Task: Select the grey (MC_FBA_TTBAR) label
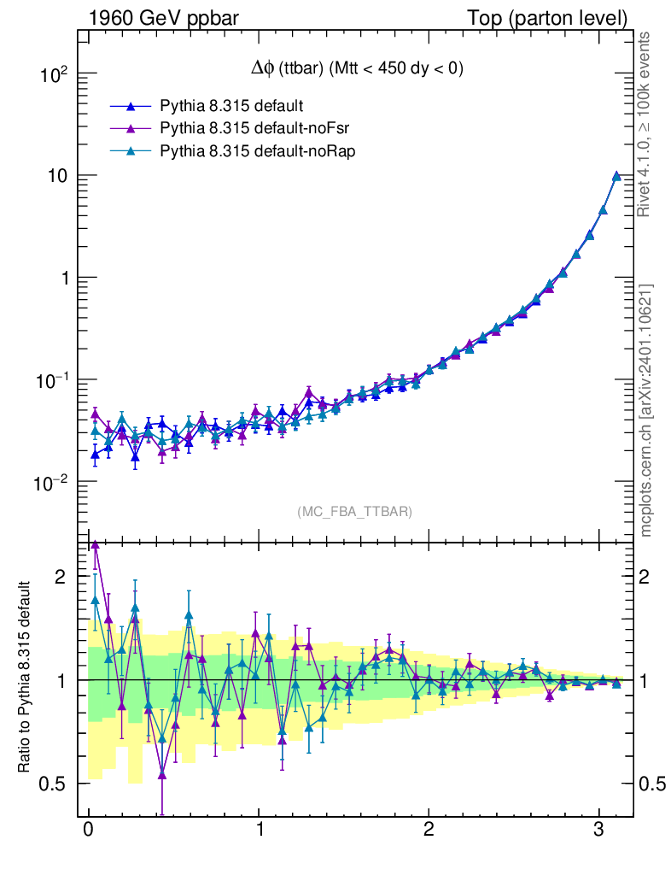(x=354, y=512)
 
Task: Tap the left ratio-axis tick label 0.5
(x=53, y=784)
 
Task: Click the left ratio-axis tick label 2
(x=60, y=577)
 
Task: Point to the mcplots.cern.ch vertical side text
(x=646, y=410)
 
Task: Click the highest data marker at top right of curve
(x=616, y=176)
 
